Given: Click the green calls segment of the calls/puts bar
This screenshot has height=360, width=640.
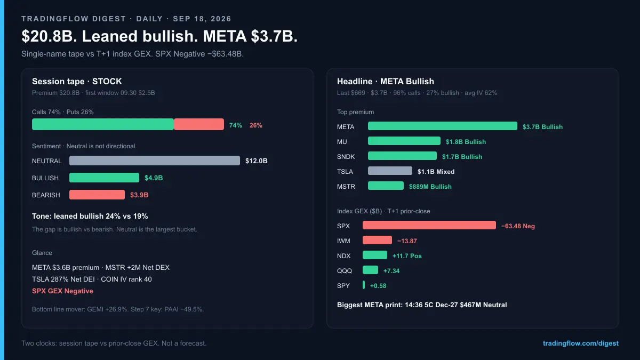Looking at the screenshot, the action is [x=103, y=124].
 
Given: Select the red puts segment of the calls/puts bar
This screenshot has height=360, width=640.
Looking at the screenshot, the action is [x=199, y=124].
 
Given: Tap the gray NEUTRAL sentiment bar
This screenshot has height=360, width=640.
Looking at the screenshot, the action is [x=155, y=161].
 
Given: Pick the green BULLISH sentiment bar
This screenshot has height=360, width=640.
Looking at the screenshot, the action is [x=105, y=178].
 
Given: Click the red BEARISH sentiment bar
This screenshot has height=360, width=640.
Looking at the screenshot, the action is [x=97, y=195].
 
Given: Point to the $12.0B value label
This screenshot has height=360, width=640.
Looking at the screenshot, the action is [x=257, y=161].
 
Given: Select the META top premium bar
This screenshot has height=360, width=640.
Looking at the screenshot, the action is [x=443, y=126].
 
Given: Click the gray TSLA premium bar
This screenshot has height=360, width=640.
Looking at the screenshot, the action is [x=390, y=171].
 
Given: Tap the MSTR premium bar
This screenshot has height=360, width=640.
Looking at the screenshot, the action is [x=386, y=186].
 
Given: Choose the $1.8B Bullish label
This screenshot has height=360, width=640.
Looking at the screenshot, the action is [x=466, y=142].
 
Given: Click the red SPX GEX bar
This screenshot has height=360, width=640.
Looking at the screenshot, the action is [x=429, y=225].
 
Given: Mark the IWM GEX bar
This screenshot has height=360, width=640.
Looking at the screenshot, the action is [x=377, y=240].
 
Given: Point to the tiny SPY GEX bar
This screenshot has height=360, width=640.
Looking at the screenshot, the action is [x=364, y=285].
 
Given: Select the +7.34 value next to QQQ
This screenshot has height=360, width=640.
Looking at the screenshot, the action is [x=391, y=271].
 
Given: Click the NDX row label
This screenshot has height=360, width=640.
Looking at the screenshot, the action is [x=343, y=256].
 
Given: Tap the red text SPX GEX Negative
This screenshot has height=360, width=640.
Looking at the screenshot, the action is [x=62, y=291].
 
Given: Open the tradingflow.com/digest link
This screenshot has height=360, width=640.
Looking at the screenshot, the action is [x=581, y=343].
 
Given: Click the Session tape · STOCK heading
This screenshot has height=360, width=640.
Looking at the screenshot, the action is [x=77, y=82].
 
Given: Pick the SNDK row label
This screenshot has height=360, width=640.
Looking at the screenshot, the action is [x=346, y=157].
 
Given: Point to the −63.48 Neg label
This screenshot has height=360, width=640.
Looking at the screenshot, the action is [x=518, y=226].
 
